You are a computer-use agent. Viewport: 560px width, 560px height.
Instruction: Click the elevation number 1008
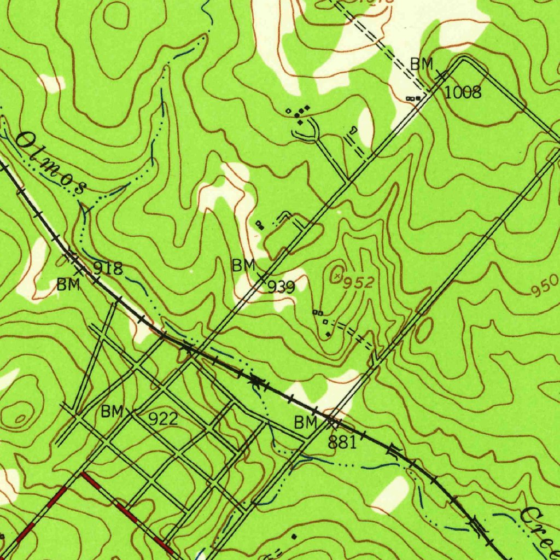463,92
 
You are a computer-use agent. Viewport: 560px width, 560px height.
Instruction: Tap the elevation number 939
281,287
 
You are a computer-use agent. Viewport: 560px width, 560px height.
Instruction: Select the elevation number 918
108,269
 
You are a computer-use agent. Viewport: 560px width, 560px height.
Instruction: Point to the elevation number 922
163,419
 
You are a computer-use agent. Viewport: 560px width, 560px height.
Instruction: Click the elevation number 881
342,442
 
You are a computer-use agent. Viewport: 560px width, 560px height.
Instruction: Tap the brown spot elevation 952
359,283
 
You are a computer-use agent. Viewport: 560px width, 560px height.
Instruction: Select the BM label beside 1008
422,64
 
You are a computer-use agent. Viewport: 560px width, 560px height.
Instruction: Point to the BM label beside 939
243,266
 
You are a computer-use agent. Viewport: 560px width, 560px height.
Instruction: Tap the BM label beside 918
68,284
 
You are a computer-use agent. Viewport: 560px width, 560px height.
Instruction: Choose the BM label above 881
306,422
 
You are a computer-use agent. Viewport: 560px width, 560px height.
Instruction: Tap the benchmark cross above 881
332,422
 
